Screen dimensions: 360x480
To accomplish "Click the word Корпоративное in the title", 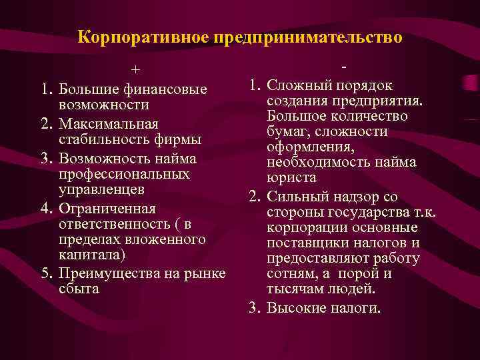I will (x=143, y=37).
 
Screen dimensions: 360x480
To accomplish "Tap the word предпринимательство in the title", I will (x=308, y=37).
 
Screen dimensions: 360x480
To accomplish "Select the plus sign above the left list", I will (x=135, y=70).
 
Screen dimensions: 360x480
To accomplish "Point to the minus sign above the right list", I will (x=343, y=67).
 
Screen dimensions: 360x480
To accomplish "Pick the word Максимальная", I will (x=108, y=124).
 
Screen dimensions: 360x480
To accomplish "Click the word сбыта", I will (x=77, y=289).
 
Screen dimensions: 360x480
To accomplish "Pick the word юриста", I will (x=291, y=179).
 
